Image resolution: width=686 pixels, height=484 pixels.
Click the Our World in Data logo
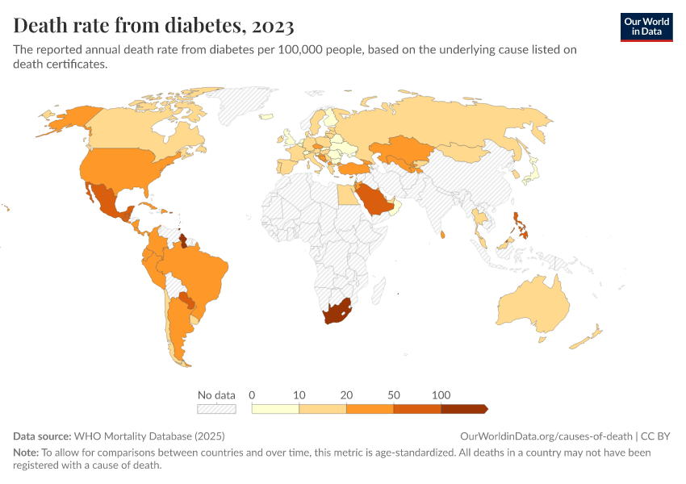click(x=646, y=27)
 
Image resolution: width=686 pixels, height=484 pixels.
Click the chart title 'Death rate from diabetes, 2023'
click(x=153, y=26)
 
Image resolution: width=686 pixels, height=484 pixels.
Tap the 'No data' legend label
click(x=217, y=395)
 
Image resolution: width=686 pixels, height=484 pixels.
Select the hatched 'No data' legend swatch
click(x=217, y=409)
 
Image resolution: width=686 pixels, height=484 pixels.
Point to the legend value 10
click(x=299, y=395)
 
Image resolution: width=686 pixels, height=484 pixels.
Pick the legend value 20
click(x=346, y=395)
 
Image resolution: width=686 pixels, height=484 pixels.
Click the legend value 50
click(x=394, y=395)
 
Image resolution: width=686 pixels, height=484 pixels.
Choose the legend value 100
click(x=441, y=395)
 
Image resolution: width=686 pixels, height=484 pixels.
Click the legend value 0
click(x=253, y=395)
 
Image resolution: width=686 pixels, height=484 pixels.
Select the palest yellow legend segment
click(x=275, y=409)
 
